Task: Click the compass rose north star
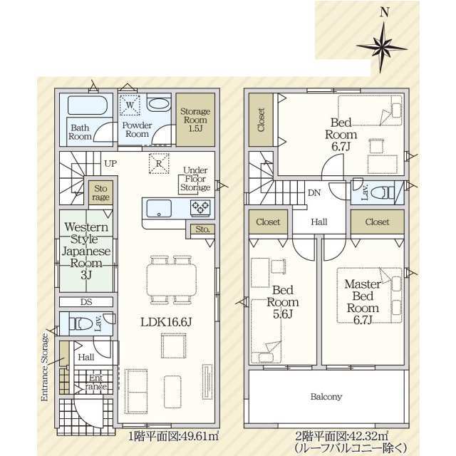(x=382, y=48)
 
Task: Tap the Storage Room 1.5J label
(x=195, y=120)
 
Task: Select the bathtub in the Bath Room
(x=88, y=105)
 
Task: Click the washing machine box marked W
(x=130, y=105)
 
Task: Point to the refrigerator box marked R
(x=159, y=163)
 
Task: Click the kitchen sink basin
(x=159, y=208)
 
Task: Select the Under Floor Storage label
(x=195, y=179)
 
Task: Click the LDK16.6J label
(x=166, y=322)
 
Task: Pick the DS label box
(x=86, y=302)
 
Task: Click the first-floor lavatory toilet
(x=81, y=323)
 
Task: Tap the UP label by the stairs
(x=110, y=163)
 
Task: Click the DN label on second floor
(x=314, y=193)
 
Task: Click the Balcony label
(x=326, y=397)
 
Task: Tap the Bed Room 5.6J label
(x=282, y=302)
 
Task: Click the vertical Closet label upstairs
(x=261, y=120)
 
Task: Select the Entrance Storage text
(x=44, y=367)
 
